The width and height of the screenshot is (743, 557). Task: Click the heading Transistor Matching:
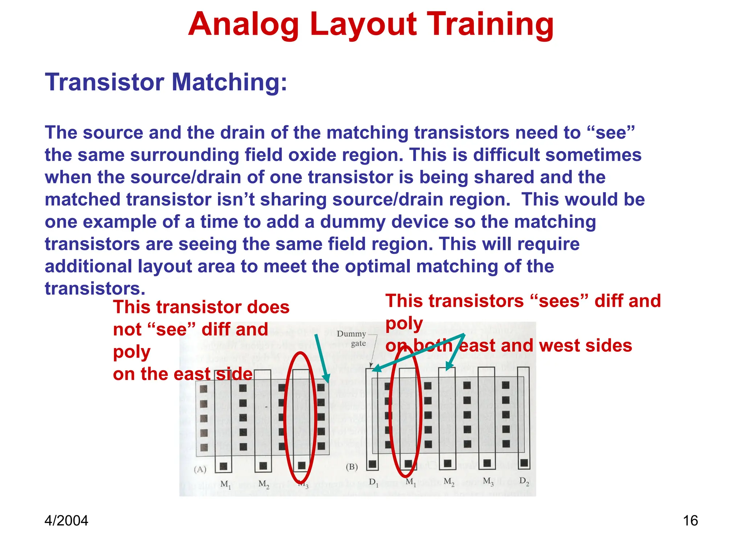pyautogui.click(x=166, y=82)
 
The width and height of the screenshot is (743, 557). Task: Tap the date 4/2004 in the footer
pyautogui.click(x=66, y=521)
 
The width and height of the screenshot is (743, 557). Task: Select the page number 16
pyautogui.click(x=690, y=521)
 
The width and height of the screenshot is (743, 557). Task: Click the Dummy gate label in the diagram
pyautogui.click(x=352, y=338)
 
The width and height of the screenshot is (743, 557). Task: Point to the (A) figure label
pyautogui.click(x=200, y=469)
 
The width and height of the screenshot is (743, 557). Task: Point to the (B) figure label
pyautogui.click(x=352, y=467)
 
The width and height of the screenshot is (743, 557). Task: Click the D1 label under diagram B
pyautogui.click(x=373, y=482)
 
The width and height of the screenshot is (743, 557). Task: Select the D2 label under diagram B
pyautogui.click(x=524, y=481)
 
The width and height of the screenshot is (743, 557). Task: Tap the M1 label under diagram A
pyautogui.click(x=225, y=484)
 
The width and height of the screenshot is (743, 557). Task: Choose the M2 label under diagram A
pyautogui.click(x=264, y=484)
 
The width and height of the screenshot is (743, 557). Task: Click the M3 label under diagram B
pyautogui.click(x=488, y=482)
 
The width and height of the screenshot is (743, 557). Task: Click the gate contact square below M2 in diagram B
pyautogui.click(x=448, y=463)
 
